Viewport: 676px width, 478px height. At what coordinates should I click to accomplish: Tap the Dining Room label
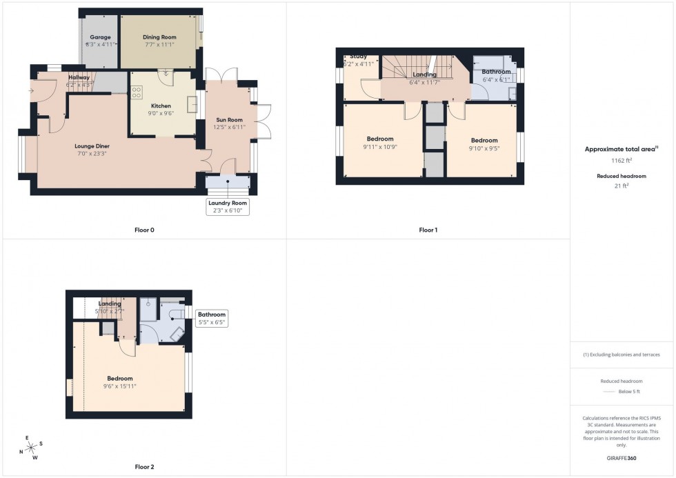[159, 37]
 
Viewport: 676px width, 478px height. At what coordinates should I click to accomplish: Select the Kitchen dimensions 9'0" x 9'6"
[161, 113]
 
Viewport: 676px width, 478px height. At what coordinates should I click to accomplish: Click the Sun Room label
[228, 119]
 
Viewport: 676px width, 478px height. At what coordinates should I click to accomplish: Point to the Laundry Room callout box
[228, 206]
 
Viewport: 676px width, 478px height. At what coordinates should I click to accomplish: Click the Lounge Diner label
[92, 146]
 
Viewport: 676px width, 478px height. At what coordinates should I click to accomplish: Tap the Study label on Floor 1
[358, 57]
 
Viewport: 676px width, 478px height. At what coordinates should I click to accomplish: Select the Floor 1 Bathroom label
[496, 71]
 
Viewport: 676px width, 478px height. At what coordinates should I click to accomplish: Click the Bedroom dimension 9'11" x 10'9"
[380, 146]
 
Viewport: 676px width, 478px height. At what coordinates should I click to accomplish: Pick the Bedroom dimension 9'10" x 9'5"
[484, 147]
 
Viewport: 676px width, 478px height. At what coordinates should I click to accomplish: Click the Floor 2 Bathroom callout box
[212, 318]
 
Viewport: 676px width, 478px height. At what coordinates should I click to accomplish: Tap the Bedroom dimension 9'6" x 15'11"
[120, 386]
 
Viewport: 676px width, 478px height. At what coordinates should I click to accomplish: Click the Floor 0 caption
[144, 230]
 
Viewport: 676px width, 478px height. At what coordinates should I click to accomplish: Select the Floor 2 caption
[143, 467]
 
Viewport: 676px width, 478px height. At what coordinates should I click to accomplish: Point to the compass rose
[31, 447]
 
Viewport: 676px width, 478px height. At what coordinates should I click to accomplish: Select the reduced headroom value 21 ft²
[622, 186]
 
